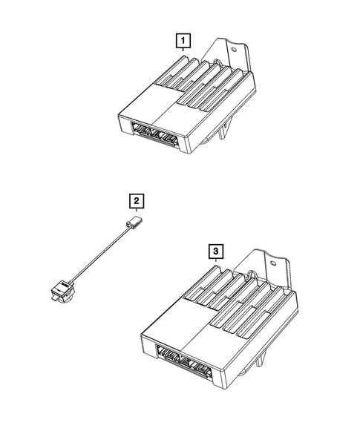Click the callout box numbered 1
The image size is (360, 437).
(183, 41)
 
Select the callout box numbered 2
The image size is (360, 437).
(137, 201)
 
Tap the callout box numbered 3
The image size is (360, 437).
(216, 252)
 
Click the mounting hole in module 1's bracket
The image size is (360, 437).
(234, 50)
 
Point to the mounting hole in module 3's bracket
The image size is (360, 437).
(273, 263)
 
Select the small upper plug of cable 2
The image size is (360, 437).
(135, 222)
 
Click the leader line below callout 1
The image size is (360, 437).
(183, 50)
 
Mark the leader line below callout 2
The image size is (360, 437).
(137, 210)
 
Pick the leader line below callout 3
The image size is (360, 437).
(216, 260)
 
